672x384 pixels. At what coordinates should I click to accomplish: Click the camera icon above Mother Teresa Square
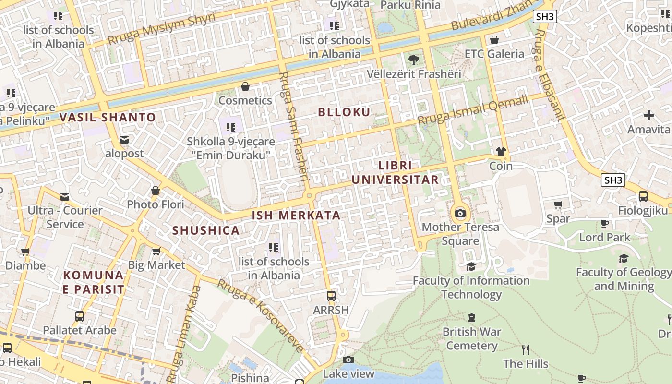[460, 213]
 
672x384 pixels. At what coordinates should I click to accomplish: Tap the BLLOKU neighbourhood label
[344, 112]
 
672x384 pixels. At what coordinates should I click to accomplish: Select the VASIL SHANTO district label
[108, 117]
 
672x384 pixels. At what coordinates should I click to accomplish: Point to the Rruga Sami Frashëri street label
[293, 127]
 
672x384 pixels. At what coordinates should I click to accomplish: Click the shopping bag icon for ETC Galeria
[494, 40]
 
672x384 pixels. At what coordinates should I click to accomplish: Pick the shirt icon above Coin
[501, 152]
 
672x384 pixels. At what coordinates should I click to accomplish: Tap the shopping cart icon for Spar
[558, 205]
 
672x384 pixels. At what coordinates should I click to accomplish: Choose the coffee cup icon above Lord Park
[605, 223]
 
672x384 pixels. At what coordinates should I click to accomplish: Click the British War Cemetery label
[472, 338]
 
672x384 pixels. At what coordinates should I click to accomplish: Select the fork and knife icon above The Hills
[526, 349]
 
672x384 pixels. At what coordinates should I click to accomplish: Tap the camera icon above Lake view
[348, 360]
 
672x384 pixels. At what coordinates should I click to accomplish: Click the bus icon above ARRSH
[331, 296]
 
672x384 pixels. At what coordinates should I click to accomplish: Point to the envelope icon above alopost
[125, 140]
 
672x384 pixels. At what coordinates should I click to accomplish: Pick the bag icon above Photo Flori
[156, 191]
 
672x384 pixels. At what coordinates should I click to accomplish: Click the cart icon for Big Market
[156, 251]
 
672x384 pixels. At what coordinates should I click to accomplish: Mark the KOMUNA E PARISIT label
[94, 282]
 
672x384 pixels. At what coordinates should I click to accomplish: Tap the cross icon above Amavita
[649, 115]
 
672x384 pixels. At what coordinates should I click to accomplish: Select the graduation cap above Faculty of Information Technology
[471, 266]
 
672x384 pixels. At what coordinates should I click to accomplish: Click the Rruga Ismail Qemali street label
[473, 110]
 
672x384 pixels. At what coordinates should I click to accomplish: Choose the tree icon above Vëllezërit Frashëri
[413, 60]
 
